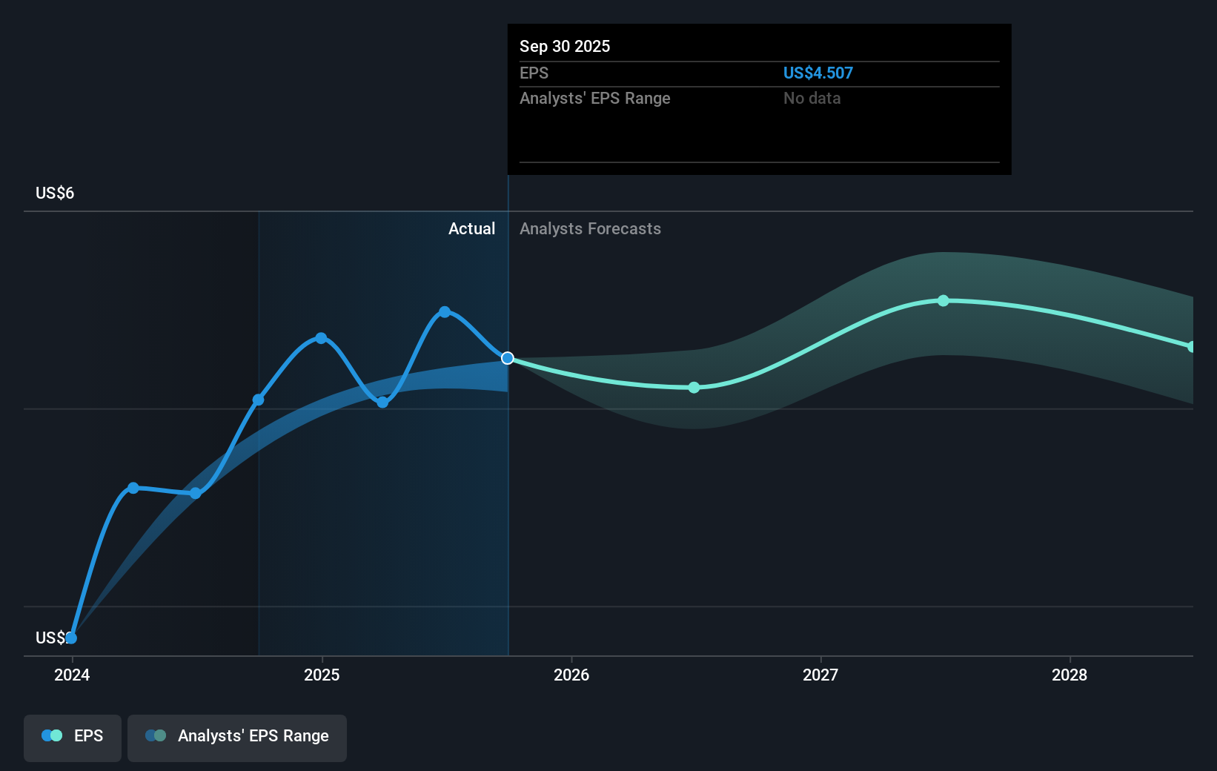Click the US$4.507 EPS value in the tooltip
[x=818, y=73]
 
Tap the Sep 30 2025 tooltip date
[x=564, y=46]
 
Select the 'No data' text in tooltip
[x=812, y=98]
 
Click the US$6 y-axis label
[x=55, y=193]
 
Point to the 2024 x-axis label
[x=72, y=675]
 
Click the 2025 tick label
[x=322, y=675]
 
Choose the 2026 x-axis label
[x=571, y=675]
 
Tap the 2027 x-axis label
[x=820, y=675]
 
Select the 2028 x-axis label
[x=1070, y=675]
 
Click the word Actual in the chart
[x=471, y=228]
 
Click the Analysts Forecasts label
[x=590, y=228]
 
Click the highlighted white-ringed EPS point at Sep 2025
[x=508, y=358]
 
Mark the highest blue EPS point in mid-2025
[x=445, y=311]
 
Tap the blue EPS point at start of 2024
[x=71, y=638]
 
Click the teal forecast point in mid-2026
[x=694, y=387]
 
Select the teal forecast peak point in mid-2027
[x=943, y=300]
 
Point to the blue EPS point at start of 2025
[x=321, y=338]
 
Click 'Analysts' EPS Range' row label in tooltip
[x=594, y=98]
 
